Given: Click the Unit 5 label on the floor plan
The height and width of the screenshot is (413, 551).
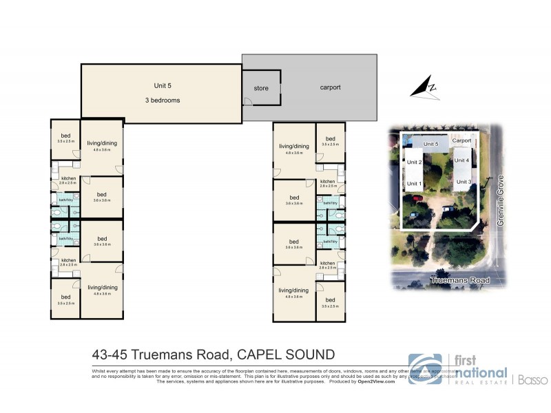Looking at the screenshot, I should (163, 86).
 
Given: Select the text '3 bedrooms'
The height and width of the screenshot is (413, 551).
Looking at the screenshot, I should (163, 100).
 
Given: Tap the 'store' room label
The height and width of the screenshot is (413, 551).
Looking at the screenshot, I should (261, 89).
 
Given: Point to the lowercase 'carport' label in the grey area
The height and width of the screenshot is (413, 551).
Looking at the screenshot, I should (330, 87).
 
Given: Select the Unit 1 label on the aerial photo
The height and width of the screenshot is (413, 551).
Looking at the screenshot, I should (414, 184).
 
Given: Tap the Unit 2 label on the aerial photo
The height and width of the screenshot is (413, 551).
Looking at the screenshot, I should (414, 162).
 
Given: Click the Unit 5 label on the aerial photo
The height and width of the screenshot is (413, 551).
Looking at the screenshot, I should (431, 143).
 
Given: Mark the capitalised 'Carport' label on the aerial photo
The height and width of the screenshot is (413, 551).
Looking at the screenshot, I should (462, 140).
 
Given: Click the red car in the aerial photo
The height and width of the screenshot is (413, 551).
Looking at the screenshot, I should (417, 199).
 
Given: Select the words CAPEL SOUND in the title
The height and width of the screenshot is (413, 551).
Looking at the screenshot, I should (286, 354).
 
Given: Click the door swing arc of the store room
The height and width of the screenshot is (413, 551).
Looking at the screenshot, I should (248, 102).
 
